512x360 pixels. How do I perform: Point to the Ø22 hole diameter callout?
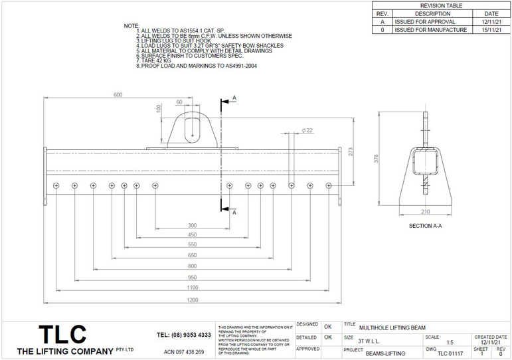pyautogui.click(x=307, y=131)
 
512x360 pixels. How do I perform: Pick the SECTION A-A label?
pyautogui.click(x=425, y=226)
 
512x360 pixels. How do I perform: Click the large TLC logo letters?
pyautogui.click(x=62, y=334)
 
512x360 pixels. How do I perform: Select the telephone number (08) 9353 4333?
pyautogui.click(x=184, y=335)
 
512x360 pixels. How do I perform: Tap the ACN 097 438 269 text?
pyautogui.click(x=184, y=351)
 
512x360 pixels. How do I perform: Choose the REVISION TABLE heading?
pyautogui.click(x=442, y=5)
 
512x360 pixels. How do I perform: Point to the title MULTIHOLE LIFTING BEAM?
pyautogui.click(x=392, y=327)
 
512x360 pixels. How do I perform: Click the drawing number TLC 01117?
pyautogui.click(x=450, y=354)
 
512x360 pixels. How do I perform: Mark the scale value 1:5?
pyautogui.click(x=450, y=342)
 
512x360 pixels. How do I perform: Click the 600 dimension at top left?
pyautogui.click(x=118, y=95)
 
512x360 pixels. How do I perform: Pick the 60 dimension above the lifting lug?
pyautogui.click(x=179, y=102)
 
